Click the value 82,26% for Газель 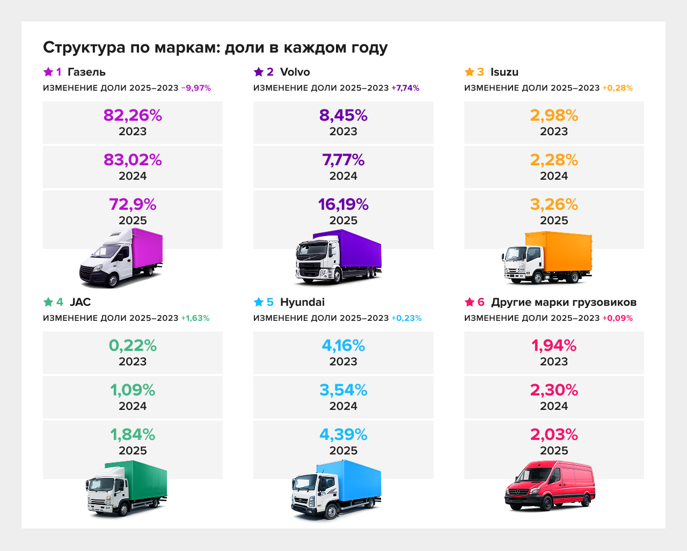click(133, 115)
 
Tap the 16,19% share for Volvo click(343, 204)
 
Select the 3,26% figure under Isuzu click(554, 204)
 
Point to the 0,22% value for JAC click(133, 346)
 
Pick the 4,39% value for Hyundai click(343, 435)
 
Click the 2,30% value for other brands click(554, 390)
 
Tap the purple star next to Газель click(48, 72)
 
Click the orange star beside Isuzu click(470, 72)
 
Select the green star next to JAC click(48, 302)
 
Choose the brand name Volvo click(295, 72)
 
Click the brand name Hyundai click(302, 302)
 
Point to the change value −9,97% click(196, 88)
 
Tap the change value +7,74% click(405, 88)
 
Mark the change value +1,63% click(195, 318)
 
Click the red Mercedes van click(550, 486)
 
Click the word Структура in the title click(84, 47)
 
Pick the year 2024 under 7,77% click(343, 176)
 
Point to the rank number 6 click(481, 302)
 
